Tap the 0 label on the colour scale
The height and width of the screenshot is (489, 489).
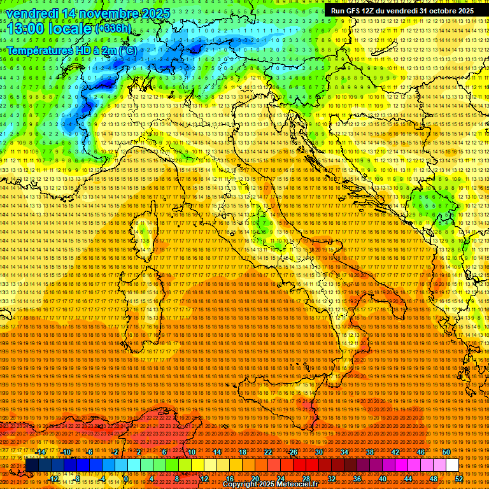pyautogui.click(x=126, y=478)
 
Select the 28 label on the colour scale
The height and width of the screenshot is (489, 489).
pyautogui.click(x=305, y=478)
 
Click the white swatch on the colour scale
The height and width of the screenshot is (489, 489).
pyautogui.click(x=452, y=465)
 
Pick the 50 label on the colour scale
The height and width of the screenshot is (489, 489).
pyautogui.click(x=446, y=452)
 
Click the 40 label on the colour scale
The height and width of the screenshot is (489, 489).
pyautogui.click(x=383, y=478)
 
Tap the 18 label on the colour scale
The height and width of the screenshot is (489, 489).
pyautogui.click(x=242, y=452)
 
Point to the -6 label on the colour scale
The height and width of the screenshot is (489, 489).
pyautogui.click(x=89, y=452)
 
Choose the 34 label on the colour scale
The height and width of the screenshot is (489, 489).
pyautogui.click(x=344, y=452)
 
